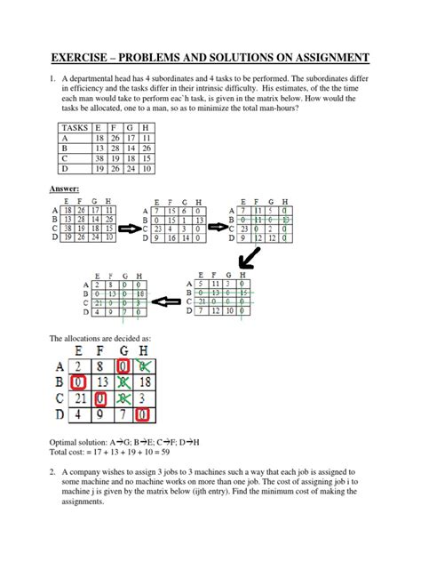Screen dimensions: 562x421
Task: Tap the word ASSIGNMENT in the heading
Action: [x=319, y=60]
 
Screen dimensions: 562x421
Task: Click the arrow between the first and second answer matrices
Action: [x=130, y=229]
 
